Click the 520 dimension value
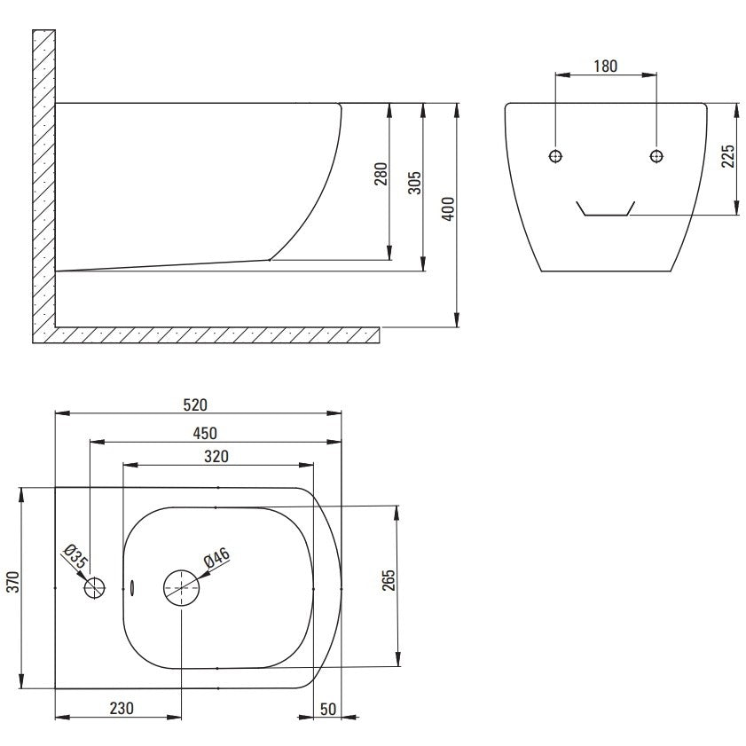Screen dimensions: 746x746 point(195,404)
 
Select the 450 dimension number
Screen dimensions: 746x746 point(205,433)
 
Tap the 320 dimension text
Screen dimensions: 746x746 point(216,456)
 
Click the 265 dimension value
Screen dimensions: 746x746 point(389,580)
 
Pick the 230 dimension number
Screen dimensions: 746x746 point(122,709)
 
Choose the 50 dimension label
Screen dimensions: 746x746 point(328,710)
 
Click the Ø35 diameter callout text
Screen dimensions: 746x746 point(75,556)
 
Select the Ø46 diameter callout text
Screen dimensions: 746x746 point(217,557)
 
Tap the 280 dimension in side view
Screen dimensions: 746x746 point(381,174)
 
